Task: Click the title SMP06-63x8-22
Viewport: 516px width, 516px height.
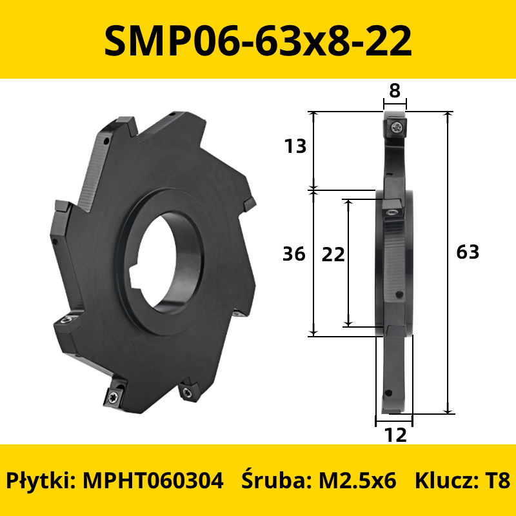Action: coord(258,41)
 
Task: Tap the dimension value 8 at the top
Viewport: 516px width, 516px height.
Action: coord(395,90)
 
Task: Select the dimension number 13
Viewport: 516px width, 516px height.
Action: coord(295,146)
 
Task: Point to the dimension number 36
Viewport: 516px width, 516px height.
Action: coord(294,254)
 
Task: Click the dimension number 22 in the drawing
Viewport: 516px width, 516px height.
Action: coord(333,254)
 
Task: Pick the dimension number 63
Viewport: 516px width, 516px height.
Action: coord(468,252)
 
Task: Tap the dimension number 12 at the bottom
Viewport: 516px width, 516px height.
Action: coord(395,435)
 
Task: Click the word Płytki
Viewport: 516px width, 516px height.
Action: coord(41,481)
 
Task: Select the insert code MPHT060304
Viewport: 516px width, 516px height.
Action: coord(153,481)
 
